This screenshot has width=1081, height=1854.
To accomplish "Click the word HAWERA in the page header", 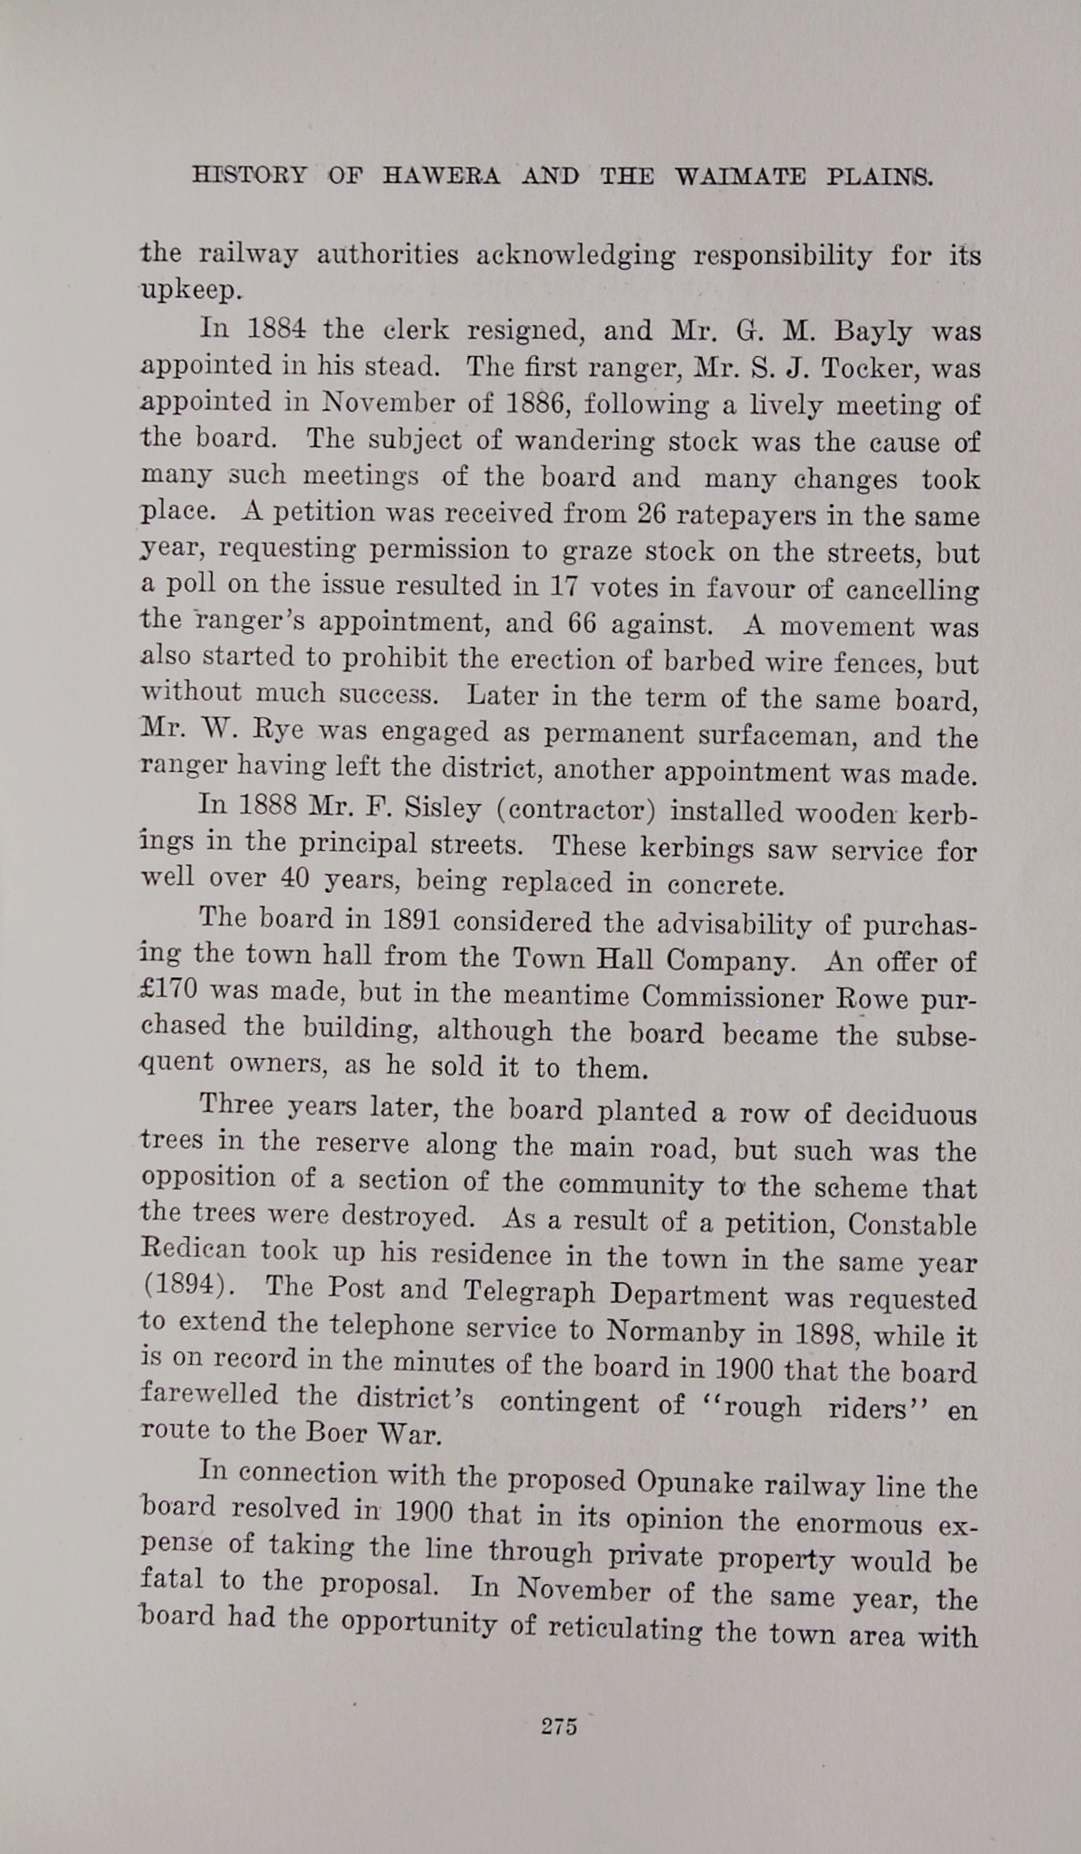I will point(440,175).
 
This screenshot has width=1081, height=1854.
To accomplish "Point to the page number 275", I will point(559,1726).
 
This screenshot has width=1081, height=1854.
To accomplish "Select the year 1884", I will point(275,329).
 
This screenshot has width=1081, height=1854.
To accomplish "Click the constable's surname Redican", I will point(195,1249).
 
